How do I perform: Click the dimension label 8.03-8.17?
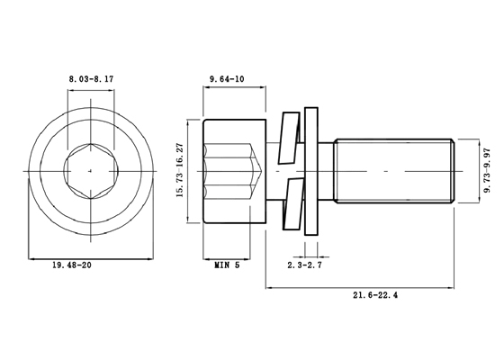(x=91, y=79)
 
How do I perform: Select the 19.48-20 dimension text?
(x=72, y=265)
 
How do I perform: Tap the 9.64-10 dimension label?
(x=227, y=79)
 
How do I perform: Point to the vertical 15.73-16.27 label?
(x=180, y=170)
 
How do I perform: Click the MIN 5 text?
(x=227, y=265)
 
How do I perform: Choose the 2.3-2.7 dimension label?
(x=305, y=265)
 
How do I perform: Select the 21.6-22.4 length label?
(x=375, y=295)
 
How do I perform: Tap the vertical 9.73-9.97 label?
(x=488, y=170)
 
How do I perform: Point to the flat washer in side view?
(x=311, y=171)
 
